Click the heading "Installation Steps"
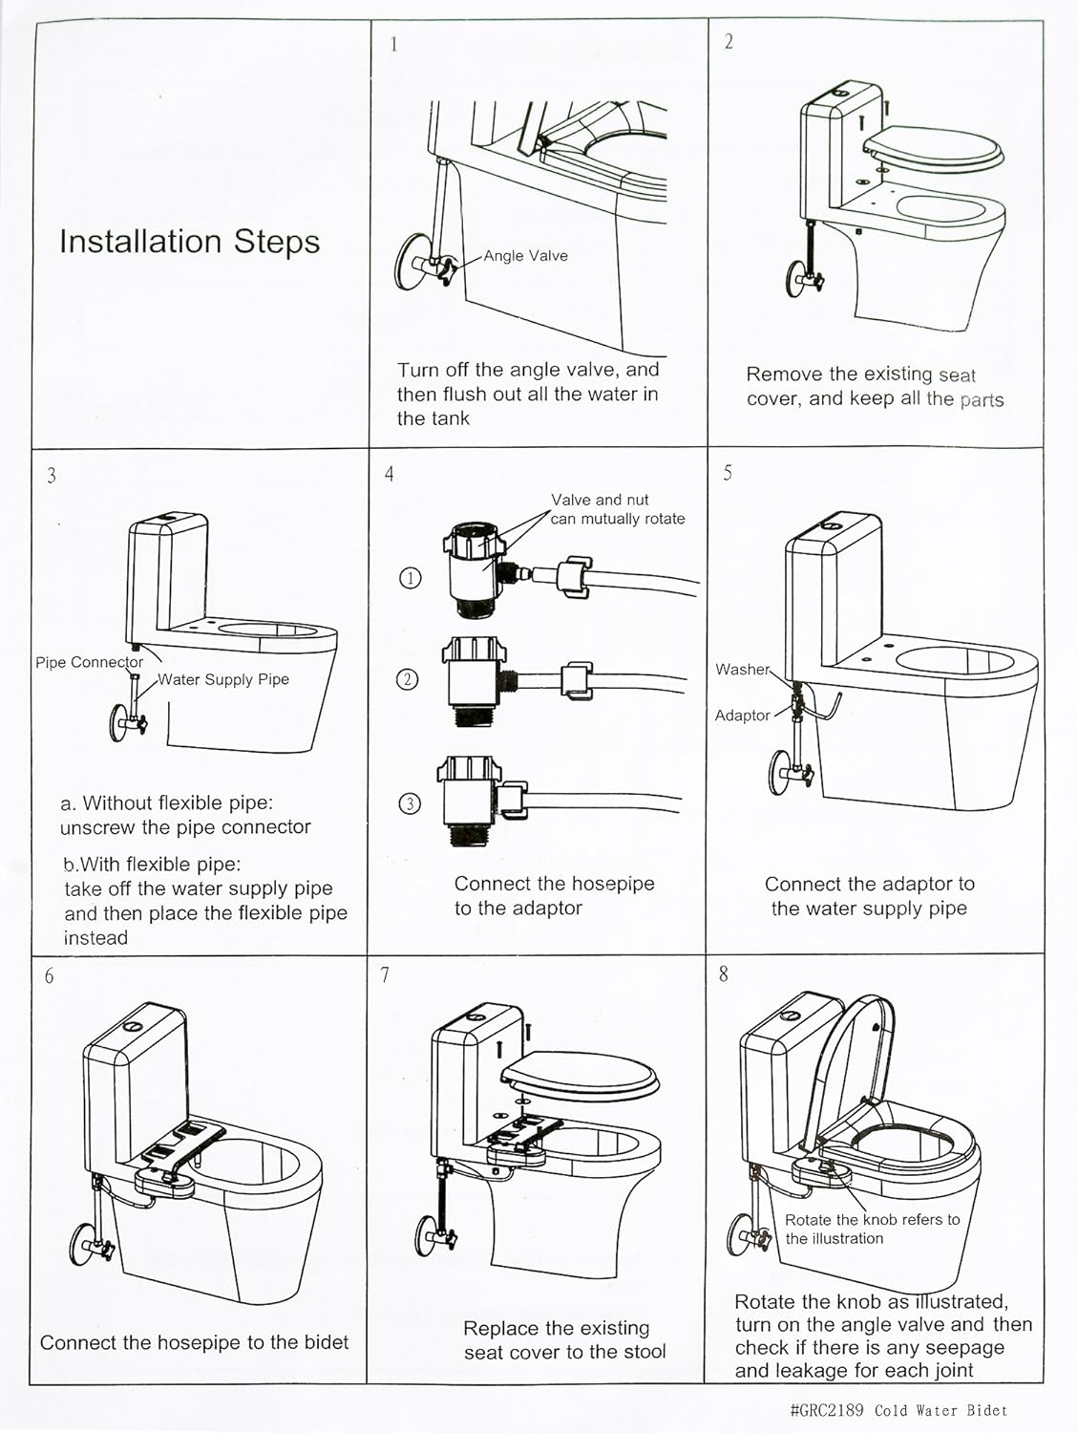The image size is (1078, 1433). coord(189,242)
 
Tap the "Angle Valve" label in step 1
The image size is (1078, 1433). coord(525,256)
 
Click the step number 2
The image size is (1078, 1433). coord(729,42)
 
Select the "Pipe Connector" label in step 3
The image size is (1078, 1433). coord(89,662)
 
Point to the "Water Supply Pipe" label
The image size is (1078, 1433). coord(223,679)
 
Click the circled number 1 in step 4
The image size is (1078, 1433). coord(410,578)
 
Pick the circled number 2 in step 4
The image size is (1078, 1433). coord(408,680)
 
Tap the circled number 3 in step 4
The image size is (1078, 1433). coord(409,803)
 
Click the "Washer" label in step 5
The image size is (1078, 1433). coord(742,670)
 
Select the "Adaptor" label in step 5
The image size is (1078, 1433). coord(742,716)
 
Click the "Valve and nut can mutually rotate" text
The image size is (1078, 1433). coord(617,509)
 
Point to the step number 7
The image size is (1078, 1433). coord(385,975)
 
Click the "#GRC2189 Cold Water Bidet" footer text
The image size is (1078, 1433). coord(898,1410)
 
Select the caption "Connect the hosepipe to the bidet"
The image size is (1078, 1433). coord(195,1342)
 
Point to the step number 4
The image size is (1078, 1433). coord(389,474)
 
